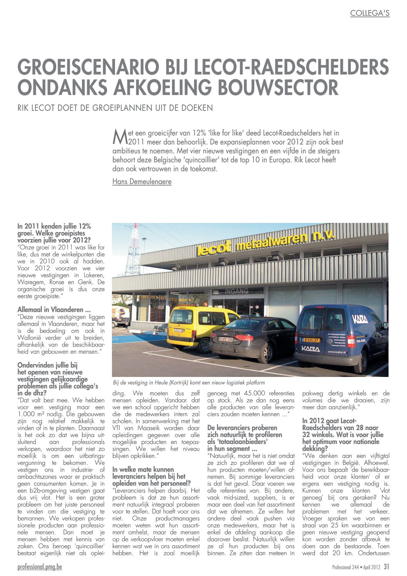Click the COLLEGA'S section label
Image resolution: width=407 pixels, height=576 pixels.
tap(370, 13)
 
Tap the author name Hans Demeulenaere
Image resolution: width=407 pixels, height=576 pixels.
tap(142, 181)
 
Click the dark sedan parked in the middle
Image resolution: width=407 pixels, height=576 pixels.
tap(252, 336)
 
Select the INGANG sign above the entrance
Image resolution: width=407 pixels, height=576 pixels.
tap(237, 291)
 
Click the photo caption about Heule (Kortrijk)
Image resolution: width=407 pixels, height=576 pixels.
tap(189, 382)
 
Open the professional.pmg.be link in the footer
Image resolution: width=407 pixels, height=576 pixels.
tap(40, 567)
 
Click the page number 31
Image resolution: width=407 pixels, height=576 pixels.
tap(386, 567)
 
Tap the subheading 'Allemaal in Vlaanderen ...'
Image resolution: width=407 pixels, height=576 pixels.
tap(54, 310)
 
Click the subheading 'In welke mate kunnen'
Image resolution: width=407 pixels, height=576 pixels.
tap(143, 469)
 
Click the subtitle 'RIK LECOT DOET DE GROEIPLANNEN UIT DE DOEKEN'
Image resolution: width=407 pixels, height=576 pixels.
tap(115, 108)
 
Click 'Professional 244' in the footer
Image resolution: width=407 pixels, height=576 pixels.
tap(346, 567)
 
